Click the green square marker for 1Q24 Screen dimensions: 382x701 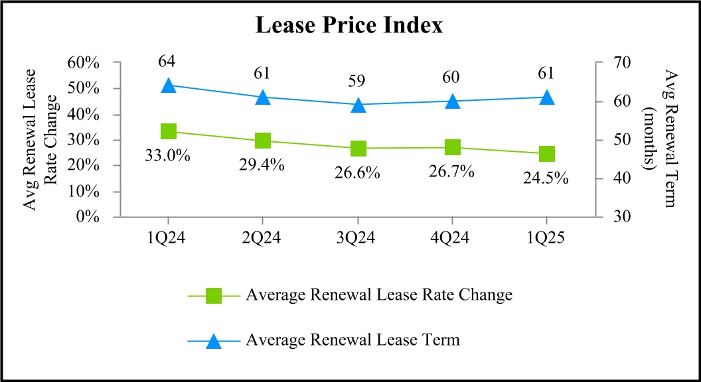169,131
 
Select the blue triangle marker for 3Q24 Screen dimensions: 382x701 358,105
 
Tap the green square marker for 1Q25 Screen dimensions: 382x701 546,154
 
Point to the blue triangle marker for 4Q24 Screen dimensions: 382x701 452,101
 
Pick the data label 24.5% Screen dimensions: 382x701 546,178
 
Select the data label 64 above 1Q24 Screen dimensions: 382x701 167,62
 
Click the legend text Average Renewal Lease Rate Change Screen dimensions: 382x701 378,295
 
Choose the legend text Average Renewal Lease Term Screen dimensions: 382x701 352,341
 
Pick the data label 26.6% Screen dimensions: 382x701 357,173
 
